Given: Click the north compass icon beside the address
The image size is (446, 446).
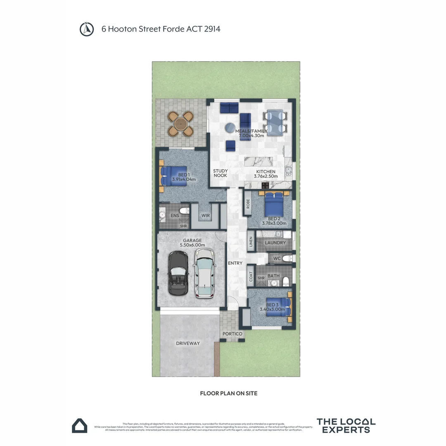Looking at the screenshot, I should pyautogui.click(x=85, y=29).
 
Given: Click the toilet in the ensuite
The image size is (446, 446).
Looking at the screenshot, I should pyautogui.click(x=185, y=211).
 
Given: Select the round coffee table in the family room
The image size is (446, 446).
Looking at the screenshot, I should pyautogui.click(x=230, y=128).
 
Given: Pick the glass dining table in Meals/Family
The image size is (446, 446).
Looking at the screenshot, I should pyautogui.click(x=275, y=122).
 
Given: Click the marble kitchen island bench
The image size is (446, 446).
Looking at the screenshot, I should pyautogui.click(x=263, y=161).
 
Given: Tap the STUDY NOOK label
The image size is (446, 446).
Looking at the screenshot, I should pyautogui.click(x=221, y=173).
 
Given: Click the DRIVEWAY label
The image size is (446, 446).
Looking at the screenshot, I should pyautogui.click(x=188, y=343).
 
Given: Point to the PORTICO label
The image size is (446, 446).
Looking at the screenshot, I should pyautogui.click(x=232, y=334).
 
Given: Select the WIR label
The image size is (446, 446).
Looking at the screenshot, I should pyautogui.click(x=206, y=216).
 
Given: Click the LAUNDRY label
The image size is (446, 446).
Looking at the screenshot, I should pyautogui.click(x=275, y=243).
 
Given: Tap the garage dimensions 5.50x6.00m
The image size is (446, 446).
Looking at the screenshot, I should pyautogui.click(x=192, y=245).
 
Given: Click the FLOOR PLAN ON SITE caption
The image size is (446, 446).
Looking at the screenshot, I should pyautogui.click(x=228, y=394).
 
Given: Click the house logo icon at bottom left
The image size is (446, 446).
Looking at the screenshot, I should pyautogui.click(x=80, y=425).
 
